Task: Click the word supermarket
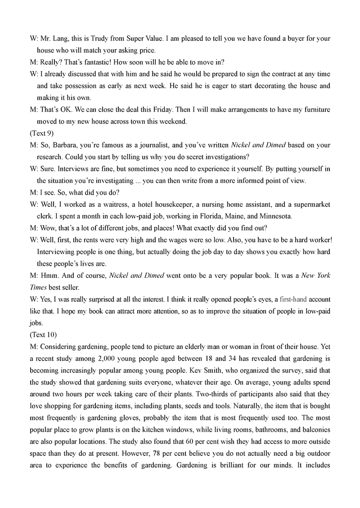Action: point(311,204)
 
